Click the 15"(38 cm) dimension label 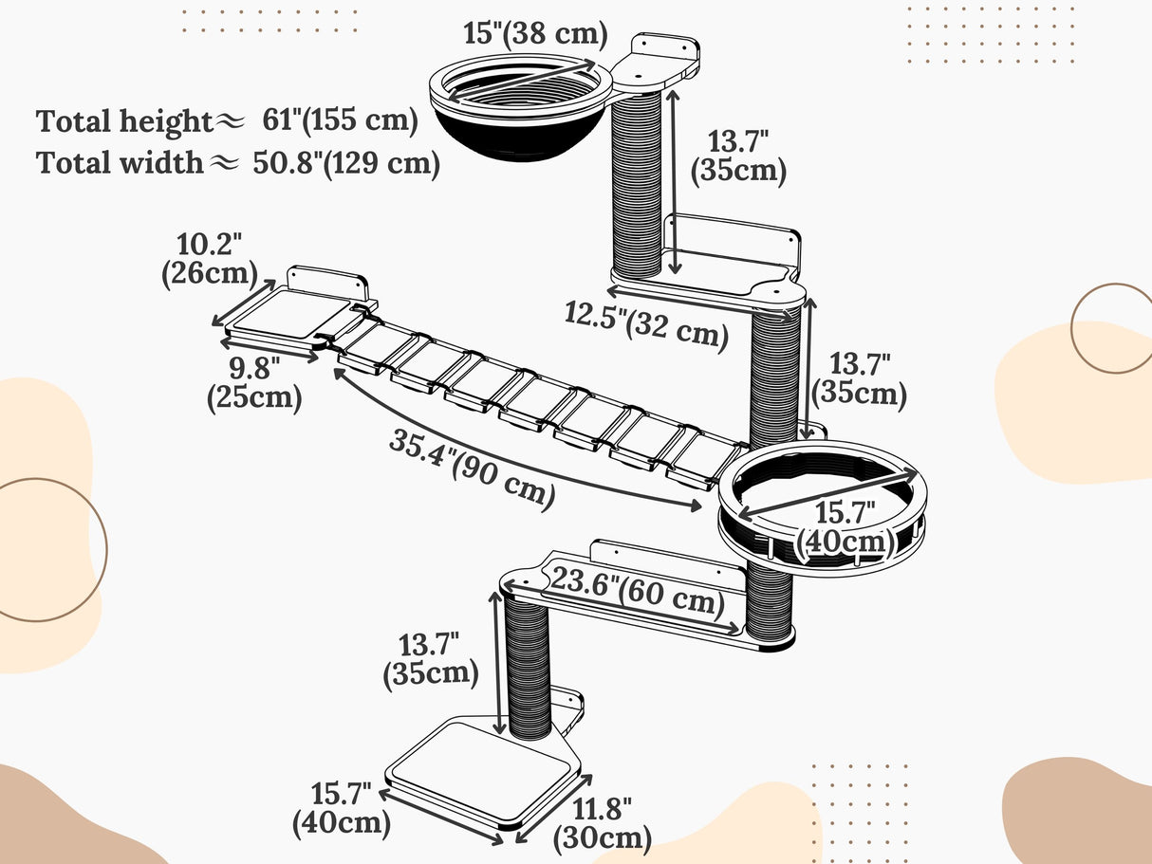[x=535, y=34]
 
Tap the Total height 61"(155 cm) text [x=228, y=121]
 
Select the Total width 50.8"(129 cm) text [x=238, y=163]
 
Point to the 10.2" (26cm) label [x=209, y=259]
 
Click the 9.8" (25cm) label [x=253, y=383]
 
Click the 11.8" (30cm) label [x=602, y=823]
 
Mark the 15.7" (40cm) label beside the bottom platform [x=342, y=808]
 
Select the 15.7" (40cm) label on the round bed [x=845, y=527]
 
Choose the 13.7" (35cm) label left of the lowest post [x=431, y=660]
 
